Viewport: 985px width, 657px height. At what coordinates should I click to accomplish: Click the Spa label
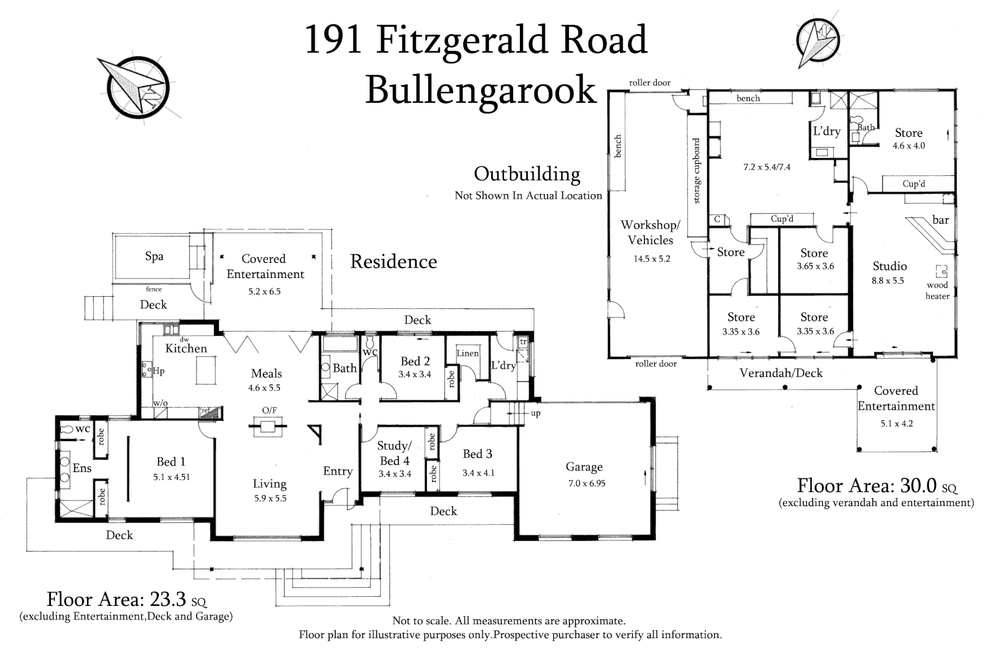tap(154, 257)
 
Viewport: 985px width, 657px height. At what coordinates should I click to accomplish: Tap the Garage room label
tap(584, 467)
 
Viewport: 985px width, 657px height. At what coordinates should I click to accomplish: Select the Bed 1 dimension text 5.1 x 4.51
tap(171, 477)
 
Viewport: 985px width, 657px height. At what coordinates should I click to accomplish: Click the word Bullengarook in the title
tap(480, 90)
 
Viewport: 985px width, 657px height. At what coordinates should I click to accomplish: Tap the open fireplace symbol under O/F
tap(268, 426)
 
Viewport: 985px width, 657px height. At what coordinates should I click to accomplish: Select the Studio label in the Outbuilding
tap(890, 266)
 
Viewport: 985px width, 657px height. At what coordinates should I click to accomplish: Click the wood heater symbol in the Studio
tap(941, 271)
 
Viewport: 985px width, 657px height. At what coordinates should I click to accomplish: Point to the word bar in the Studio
tap(941, 220)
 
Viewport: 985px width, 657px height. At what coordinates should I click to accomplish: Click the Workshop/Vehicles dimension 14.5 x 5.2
tap(652, 259)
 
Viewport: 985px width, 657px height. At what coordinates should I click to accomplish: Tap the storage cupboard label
tap(696, 171)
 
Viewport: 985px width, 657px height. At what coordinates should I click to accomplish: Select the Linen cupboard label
tap(468, 353)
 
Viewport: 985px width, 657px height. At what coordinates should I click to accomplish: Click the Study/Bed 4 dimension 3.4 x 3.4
tap(395, 474)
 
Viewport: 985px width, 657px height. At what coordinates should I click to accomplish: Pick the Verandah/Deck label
tap(781, 373)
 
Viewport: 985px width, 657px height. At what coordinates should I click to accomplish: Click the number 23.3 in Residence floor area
tap(168, 599)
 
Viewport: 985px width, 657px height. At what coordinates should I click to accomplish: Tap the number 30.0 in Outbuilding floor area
tap(918, 485)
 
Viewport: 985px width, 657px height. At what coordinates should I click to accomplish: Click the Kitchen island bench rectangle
tap(206, 370)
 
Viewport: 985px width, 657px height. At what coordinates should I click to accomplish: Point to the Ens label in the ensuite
tap(82, 468)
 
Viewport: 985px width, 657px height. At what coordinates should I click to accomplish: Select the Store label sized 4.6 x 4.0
tap(908, 133)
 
